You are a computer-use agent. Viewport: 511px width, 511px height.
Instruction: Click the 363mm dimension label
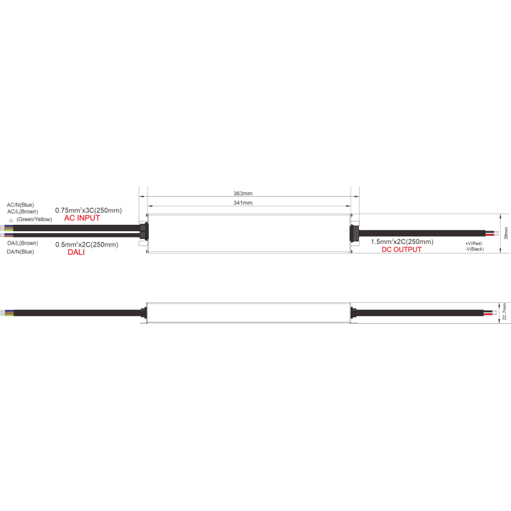click(x=243, y=194)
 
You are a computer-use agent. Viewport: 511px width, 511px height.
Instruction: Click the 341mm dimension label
click(x=243, y=202)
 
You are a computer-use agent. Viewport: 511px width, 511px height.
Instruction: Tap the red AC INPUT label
click(x=82, y=218)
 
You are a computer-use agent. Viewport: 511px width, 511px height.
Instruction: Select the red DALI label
click(x=76, y=252)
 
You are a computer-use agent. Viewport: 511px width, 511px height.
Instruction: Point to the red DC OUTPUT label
click(x=402, y=250)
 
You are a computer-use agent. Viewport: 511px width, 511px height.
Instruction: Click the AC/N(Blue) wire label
click(x=20, y=205)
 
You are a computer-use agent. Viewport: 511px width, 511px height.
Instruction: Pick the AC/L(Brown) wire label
click(x=22, y=211)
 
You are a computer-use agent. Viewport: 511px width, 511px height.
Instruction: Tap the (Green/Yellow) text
click(x=34, y=219)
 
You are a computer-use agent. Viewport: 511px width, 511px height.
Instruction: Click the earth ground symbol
click(x=11, y=220)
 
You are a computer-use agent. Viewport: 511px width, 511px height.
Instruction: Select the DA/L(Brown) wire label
click(x=22, y=243)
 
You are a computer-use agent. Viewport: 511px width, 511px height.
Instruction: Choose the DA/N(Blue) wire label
click(x=20, y=252)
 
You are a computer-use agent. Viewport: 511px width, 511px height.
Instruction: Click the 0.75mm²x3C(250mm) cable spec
click(x=88, y=211)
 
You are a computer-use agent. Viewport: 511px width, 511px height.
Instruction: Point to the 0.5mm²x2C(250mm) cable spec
click(x=87, y=245)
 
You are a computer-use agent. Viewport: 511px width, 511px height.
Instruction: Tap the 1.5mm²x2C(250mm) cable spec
click(x=402, y=242)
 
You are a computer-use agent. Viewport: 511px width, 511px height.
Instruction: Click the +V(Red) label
click(x=473, y=243)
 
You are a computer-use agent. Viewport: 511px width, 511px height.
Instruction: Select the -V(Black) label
click(x=475, y=249)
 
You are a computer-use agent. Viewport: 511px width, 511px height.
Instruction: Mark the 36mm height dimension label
click(x=506, y=233)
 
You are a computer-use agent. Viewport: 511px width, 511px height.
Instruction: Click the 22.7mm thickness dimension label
click(x=505, y=312)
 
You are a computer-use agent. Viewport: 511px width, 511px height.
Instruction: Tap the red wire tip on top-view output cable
click(x=489, y=234)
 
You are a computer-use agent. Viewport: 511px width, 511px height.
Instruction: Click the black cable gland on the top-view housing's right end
click(x=354, y=233)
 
